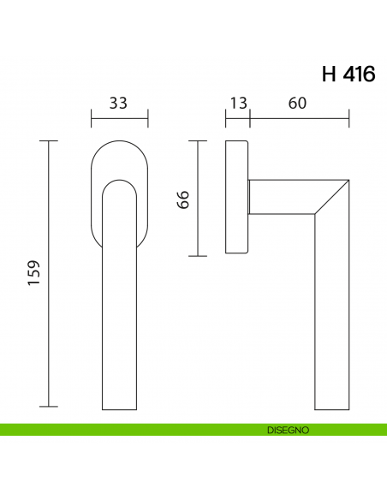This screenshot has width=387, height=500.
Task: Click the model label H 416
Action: [x=348, y=74]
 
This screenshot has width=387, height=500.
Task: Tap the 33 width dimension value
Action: [x=119, y=104]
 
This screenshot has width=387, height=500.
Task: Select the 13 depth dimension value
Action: [x=237, y=104]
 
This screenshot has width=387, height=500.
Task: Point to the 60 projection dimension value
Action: [x=298, y=104]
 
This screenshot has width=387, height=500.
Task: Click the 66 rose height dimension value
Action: [x=182, y=199]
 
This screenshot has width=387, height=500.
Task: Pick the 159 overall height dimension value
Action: [x=34, y=273]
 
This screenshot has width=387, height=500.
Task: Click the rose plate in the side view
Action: [x=237, y=198]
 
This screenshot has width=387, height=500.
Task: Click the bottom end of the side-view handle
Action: [x=332, y=404]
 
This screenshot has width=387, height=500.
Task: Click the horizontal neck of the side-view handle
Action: [x=283, y=196]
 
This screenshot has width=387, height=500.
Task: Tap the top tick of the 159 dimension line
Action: [x=49, y=140]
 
